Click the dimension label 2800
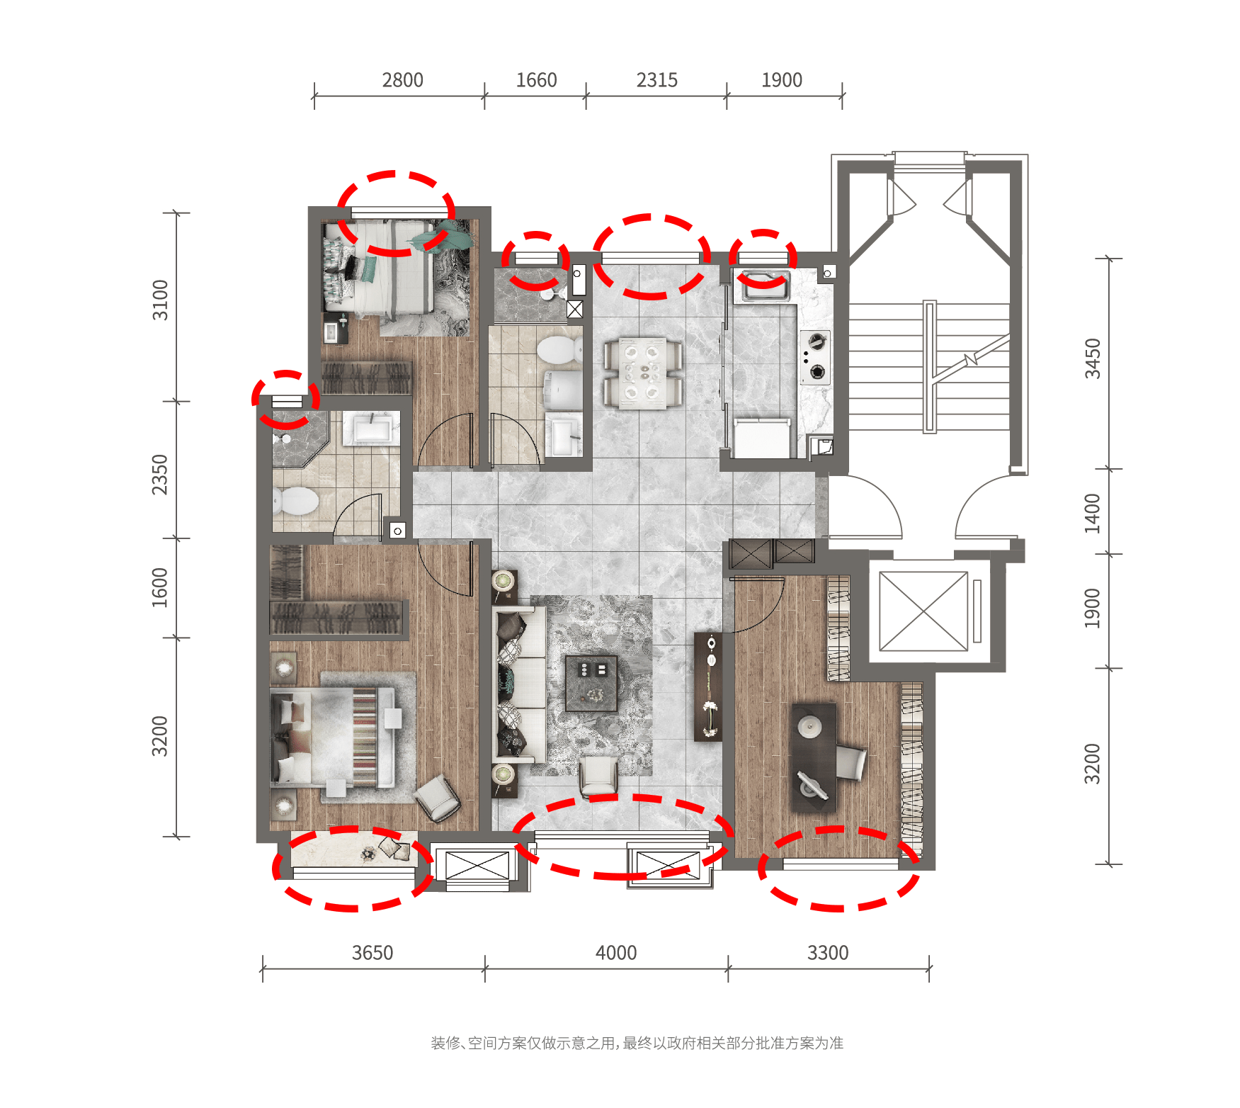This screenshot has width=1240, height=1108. point(402,80)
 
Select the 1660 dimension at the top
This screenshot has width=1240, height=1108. point(536,80)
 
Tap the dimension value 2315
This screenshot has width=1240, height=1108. point(656,80)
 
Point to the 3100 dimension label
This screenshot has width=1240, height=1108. point(161,300)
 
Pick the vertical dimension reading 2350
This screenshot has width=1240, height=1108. point(161,475)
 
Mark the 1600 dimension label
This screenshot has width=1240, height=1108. point(160,587)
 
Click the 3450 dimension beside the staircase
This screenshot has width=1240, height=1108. point(1093,358)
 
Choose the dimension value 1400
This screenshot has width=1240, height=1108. point(1093,513)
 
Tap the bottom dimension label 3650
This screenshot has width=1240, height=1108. point(372,953)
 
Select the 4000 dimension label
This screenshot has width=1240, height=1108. point(616,953)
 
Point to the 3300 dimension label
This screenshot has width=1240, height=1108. point(828,953)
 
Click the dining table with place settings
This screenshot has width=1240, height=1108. point(643,373)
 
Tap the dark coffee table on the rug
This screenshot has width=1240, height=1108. point(591,683)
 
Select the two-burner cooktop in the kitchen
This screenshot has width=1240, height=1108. point(815,357)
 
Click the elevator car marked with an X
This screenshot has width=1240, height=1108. point(923,611)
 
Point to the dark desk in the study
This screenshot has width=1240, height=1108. point(814,757)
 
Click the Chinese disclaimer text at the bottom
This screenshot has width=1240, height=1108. point(637,1043)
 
